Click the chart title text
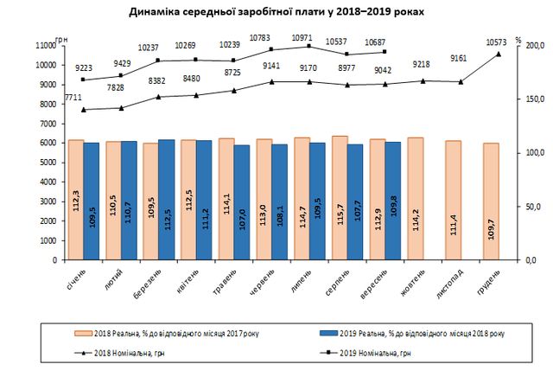[x=276, y=13]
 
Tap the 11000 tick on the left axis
[x=46, y=45]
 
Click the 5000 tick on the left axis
[x=48, y=162]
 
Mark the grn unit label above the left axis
[x=60, y=40]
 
